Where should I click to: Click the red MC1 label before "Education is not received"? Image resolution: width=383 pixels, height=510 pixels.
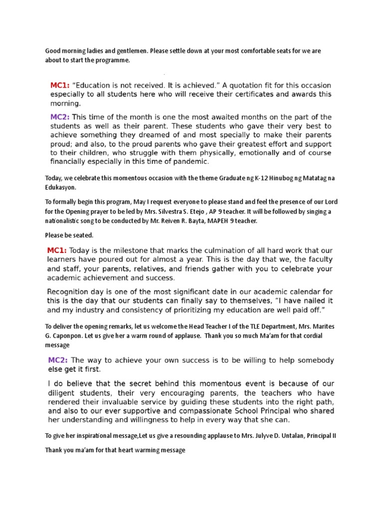[60, 85]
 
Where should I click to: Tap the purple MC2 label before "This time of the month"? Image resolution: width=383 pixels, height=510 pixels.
[60, 117]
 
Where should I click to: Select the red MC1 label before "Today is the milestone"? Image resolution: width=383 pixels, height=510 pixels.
[57, 250]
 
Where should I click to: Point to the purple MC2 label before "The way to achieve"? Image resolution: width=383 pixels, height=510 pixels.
[58, 360]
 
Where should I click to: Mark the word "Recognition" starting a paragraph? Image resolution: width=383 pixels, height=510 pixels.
[69, 292]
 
